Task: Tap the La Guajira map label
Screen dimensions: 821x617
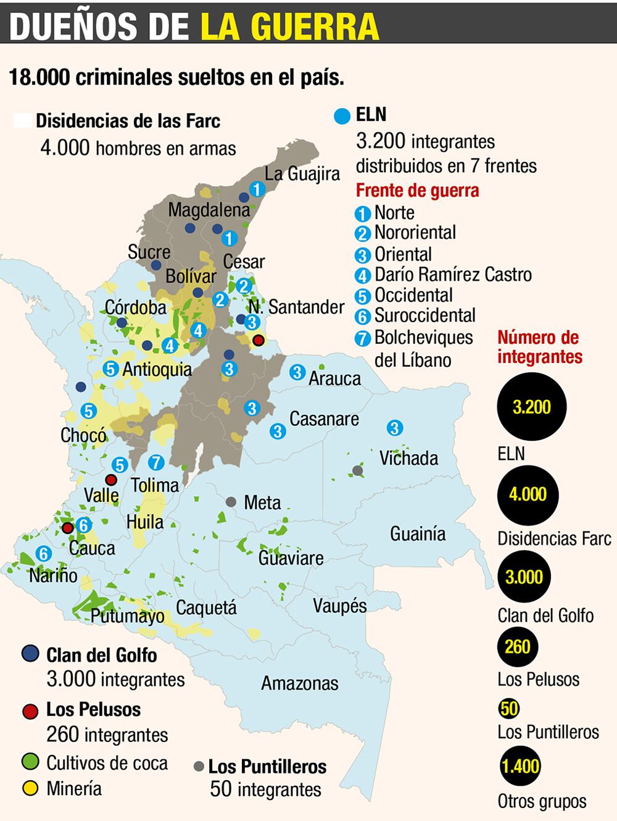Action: (x=302, y=174)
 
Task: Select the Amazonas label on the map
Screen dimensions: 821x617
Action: (x=299, y=683)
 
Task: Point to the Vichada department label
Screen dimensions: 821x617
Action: (x=408, y=458)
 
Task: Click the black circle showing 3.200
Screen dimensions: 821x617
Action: (x=531, y=407)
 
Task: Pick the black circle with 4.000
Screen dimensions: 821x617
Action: (x=528, y=494)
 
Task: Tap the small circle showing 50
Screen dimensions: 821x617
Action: (x=509, y=708)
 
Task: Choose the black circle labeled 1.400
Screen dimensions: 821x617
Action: (x=520, y=766)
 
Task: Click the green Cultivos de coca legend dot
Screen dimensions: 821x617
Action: (x=30, y=762)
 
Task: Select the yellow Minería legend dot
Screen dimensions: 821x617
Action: (x=30, y=788)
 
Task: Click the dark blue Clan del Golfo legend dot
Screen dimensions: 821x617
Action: (x=30, y=654)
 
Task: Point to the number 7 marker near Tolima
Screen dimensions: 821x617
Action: (x=156, y=462)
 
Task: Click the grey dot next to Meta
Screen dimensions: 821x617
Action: (x=231, y=502)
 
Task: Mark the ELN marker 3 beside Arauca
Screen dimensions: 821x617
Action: (x=297, y=372)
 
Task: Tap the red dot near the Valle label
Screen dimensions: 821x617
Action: (x=111, y=480)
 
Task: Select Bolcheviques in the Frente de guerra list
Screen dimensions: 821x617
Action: (x=423, y=338)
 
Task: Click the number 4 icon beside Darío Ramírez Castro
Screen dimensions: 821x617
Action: (x=363, y=275)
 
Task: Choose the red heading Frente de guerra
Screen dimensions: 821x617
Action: (x=417, y=191)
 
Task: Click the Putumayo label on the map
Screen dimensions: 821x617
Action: (x=127, y=615)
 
